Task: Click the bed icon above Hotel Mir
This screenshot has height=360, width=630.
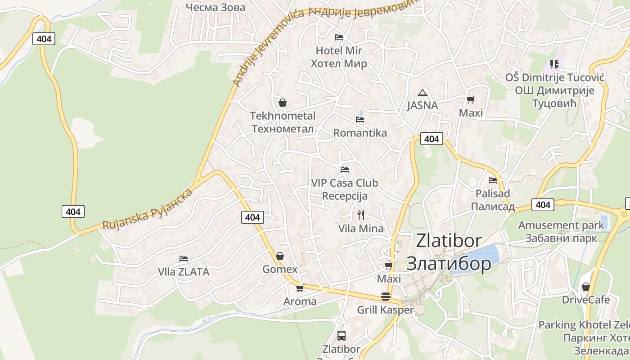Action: click(339, 37)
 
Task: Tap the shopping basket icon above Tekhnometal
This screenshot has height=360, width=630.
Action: click(282, 103)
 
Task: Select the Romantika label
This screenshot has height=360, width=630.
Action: click(360, 133)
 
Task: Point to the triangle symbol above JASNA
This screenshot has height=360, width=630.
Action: click(422, 93)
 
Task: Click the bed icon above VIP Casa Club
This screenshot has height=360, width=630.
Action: click(345, 170)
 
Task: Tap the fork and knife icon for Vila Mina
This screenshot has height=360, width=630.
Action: click(360, 214)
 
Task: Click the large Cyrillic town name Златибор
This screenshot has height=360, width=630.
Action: click(449, 263)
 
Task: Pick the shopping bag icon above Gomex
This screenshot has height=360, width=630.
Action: click(280, 256)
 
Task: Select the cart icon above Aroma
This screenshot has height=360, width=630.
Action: click(300, 288)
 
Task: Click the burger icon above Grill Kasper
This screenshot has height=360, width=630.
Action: click(385, 297)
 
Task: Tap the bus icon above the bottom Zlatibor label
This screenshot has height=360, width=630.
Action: click(341, 335)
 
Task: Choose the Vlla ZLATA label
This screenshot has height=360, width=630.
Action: click(184, 272)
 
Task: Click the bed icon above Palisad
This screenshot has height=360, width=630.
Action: click(493, 180)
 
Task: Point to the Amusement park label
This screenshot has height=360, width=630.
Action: click(561, 225)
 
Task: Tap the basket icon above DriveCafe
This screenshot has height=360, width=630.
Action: click(585, 287)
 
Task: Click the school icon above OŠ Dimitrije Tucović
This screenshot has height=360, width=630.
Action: click(554, 64)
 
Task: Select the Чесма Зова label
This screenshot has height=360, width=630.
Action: click(216, 7)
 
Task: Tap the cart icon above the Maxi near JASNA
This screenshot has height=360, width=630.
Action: click(471, 99)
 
